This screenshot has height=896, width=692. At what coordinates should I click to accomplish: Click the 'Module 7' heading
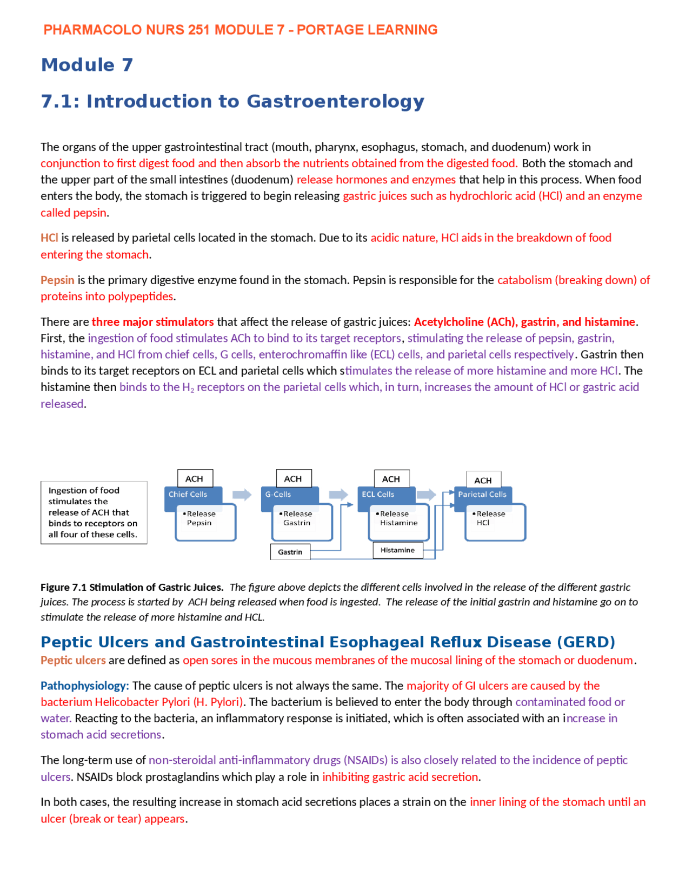(87, 65)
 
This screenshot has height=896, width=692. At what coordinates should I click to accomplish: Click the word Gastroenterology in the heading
(335, 101)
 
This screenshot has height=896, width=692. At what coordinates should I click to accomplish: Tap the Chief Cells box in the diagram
(188, 495)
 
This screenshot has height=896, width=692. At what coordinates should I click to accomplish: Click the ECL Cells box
(378, 495)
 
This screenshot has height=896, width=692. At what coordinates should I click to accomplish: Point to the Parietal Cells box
(482, 495)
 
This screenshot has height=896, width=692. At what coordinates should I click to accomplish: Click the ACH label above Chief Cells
(195, 479)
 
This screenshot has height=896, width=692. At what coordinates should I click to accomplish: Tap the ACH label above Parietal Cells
(483, 480)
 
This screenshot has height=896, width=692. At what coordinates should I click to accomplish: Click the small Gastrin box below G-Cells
(290, 552)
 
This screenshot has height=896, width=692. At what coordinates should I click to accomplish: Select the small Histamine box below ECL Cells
(397, 550)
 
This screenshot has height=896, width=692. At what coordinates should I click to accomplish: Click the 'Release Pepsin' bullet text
(200, 518)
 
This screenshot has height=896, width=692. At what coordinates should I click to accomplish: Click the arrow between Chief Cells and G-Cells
(242, 495)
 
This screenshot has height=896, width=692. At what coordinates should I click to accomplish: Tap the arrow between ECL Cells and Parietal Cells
(426, 495)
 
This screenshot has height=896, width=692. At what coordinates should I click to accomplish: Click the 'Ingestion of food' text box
(94, 512)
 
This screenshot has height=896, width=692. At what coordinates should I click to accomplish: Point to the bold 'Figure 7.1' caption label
(64, 587)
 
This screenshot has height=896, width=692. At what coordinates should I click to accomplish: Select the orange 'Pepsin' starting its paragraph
(57, 280)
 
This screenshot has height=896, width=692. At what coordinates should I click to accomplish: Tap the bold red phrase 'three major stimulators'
(152, 322)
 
